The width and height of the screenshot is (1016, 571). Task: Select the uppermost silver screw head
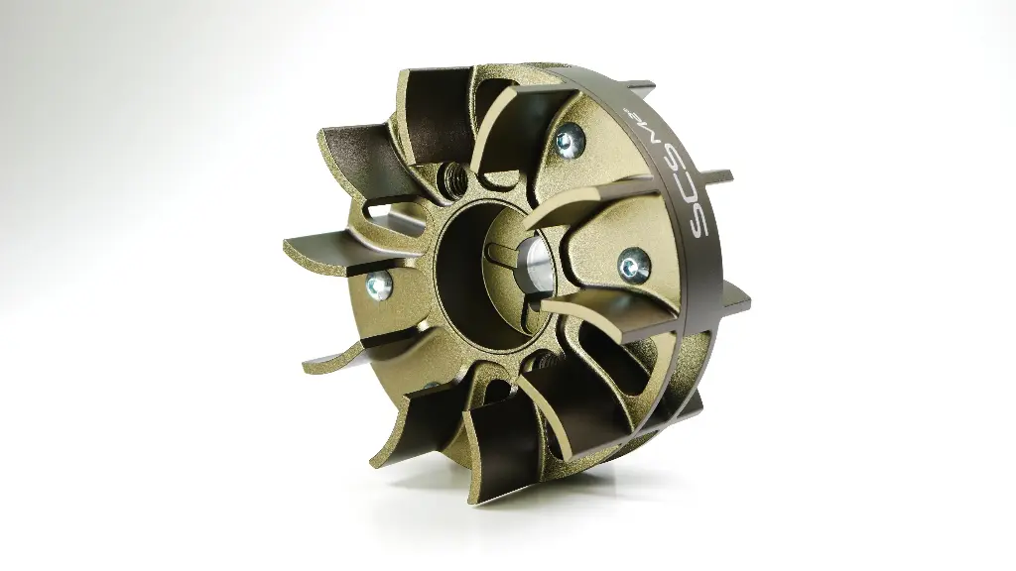[x=568, y=140]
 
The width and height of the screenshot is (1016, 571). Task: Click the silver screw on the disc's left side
[x=377, y=286]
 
